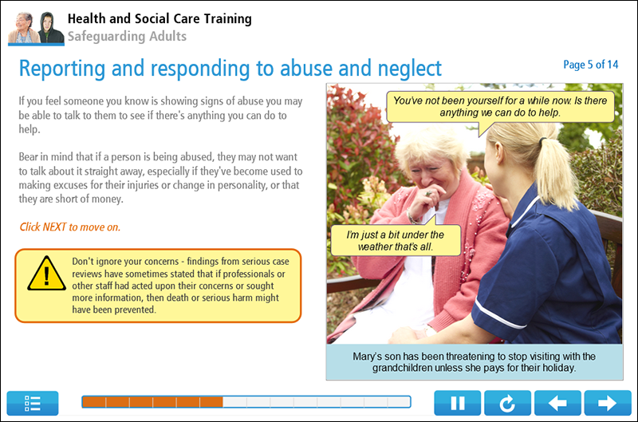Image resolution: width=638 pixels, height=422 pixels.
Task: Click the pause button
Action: [x=458, y=403]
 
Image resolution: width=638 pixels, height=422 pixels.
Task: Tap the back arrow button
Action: [x=557, y=403]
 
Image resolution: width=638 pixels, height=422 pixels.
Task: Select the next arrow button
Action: [x=607, y=403]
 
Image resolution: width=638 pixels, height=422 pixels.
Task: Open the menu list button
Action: [x=33, y=403]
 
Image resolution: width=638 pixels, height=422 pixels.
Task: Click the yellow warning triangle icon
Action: [x=46, y=274]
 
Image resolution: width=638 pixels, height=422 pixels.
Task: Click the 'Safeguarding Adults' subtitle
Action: [x=127, y=36]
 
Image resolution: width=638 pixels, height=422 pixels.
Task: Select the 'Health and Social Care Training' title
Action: [x=159, y=18]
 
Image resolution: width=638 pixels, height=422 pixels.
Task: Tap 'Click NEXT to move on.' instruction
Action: [x=70, y=227]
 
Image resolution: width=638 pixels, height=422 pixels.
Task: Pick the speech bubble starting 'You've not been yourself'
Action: [x=502, y=106]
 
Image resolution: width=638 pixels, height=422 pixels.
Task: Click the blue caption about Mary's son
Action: [x=474, y=362]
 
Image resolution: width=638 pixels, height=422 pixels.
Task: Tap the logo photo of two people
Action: [x=35, y=28]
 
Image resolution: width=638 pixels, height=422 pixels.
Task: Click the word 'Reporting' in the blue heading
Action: [x=70, y=69]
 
